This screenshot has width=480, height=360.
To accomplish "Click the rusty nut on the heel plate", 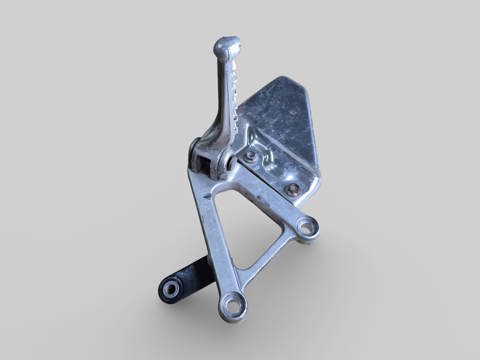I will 294,189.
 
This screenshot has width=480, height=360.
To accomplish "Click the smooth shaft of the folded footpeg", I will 219,100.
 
